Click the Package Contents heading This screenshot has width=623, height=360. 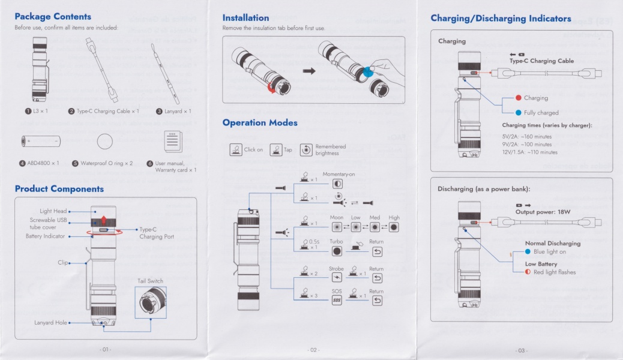(53, 17)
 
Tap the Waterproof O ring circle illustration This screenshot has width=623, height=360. (105, 142)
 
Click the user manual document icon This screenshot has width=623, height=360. (173, 142)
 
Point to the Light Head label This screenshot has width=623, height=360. (53, 211)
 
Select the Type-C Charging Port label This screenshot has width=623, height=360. (157, 233)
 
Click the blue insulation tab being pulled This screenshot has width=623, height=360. (368, 73)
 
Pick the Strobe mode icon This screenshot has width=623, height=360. (337, 278)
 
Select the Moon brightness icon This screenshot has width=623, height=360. (337, 227)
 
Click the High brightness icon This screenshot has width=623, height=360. (394, 227)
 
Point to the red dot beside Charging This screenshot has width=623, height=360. (519, 98)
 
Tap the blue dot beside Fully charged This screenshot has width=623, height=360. (519, 112)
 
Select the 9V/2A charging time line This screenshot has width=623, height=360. (527, 144)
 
